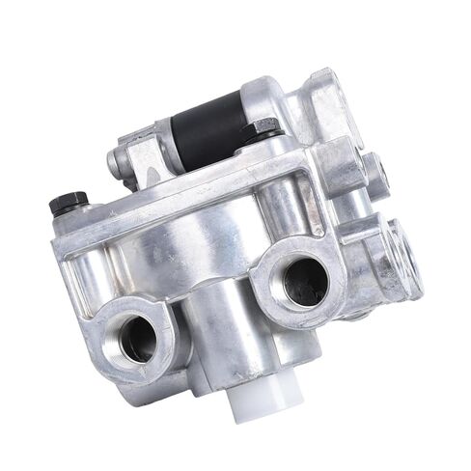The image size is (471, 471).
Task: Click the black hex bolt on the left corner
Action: pyautogui.click(x=68, y=202)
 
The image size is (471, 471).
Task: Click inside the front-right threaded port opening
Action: pyautogui.click(x=305, y=279)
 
